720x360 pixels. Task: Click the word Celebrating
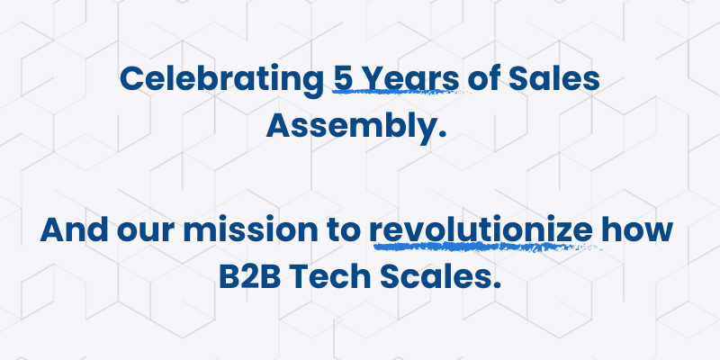point(220,80)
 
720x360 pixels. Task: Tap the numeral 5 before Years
point(342,78)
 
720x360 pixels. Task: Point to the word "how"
point(640,229)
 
